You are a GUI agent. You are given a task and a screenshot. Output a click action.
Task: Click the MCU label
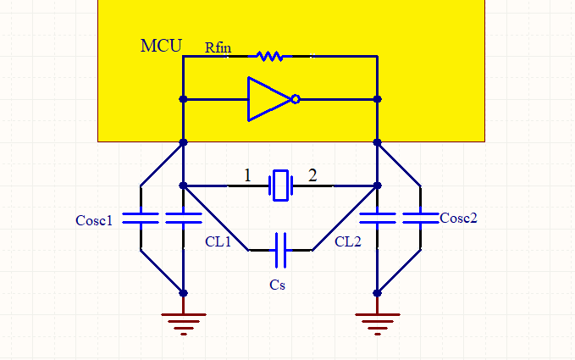161,46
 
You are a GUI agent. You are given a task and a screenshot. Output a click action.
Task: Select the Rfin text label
218,47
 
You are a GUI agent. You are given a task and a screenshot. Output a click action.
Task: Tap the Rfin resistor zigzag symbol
270,56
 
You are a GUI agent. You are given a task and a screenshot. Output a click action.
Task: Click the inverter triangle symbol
269,99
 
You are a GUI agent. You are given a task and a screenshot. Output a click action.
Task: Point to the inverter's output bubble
296,99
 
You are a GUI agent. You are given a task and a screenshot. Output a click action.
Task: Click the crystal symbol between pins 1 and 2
281,186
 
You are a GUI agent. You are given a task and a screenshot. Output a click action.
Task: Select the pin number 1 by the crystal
247,175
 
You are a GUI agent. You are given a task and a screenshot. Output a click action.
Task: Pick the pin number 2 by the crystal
312,175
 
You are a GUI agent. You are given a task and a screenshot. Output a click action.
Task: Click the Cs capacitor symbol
280,250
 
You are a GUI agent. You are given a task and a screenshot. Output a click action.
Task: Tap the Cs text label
277,285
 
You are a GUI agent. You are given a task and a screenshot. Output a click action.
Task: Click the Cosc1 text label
94,220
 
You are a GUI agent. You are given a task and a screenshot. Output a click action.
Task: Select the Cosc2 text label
458,219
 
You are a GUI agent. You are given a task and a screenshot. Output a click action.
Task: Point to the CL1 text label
218,241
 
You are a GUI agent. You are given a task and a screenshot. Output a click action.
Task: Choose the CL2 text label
348,241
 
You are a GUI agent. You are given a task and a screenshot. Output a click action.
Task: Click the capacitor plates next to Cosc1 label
141,218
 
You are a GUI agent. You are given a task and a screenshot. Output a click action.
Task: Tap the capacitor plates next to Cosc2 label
421,218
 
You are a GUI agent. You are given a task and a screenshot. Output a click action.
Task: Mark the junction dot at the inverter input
184,99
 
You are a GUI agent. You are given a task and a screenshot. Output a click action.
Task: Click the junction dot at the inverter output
378,99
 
